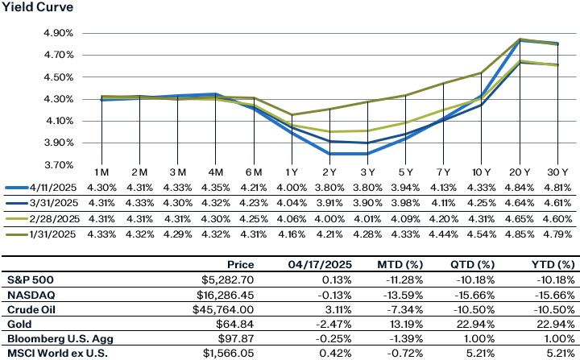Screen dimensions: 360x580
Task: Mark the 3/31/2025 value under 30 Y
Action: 553,203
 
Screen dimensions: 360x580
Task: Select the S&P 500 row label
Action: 29,278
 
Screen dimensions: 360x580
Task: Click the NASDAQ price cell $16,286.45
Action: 223,292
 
